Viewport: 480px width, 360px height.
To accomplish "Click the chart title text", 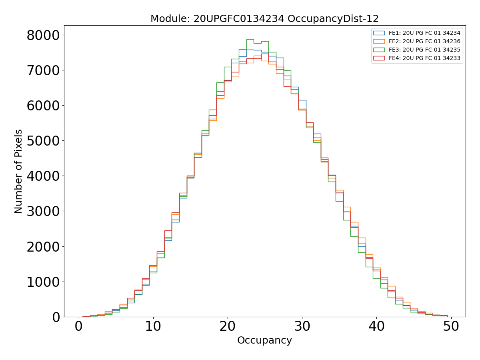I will [264, 19].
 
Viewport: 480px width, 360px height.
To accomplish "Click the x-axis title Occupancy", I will [264, 340].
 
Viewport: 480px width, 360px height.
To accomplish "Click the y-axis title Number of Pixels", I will [19, 171].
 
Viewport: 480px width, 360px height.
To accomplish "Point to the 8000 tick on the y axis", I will [43, 35].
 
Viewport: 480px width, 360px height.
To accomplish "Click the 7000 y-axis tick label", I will [43, 70].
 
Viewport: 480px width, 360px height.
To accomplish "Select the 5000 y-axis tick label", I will [43, 141].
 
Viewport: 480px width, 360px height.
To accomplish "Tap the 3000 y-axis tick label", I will [43, 211].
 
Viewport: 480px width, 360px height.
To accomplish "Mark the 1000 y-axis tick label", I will [43, 282].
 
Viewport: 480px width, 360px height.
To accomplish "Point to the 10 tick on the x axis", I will [153, 326].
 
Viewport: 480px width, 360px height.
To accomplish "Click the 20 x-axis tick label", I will [228, 326].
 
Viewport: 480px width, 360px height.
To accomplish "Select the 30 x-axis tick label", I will [302, 326].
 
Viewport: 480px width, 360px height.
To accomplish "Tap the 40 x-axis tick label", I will [376, 326].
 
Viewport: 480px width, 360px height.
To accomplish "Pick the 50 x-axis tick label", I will [451, 326].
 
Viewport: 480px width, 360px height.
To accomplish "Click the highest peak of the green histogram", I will [250, 39].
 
